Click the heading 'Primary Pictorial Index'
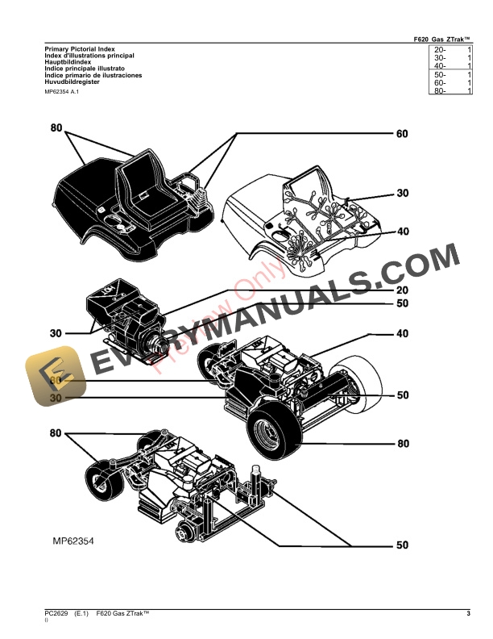75,50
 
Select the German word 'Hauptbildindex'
67,63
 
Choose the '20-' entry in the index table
440,51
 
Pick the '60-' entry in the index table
440,83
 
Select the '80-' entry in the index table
440,91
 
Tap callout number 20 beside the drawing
402,290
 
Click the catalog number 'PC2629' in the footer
56,615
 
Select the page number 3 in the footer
468,615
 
